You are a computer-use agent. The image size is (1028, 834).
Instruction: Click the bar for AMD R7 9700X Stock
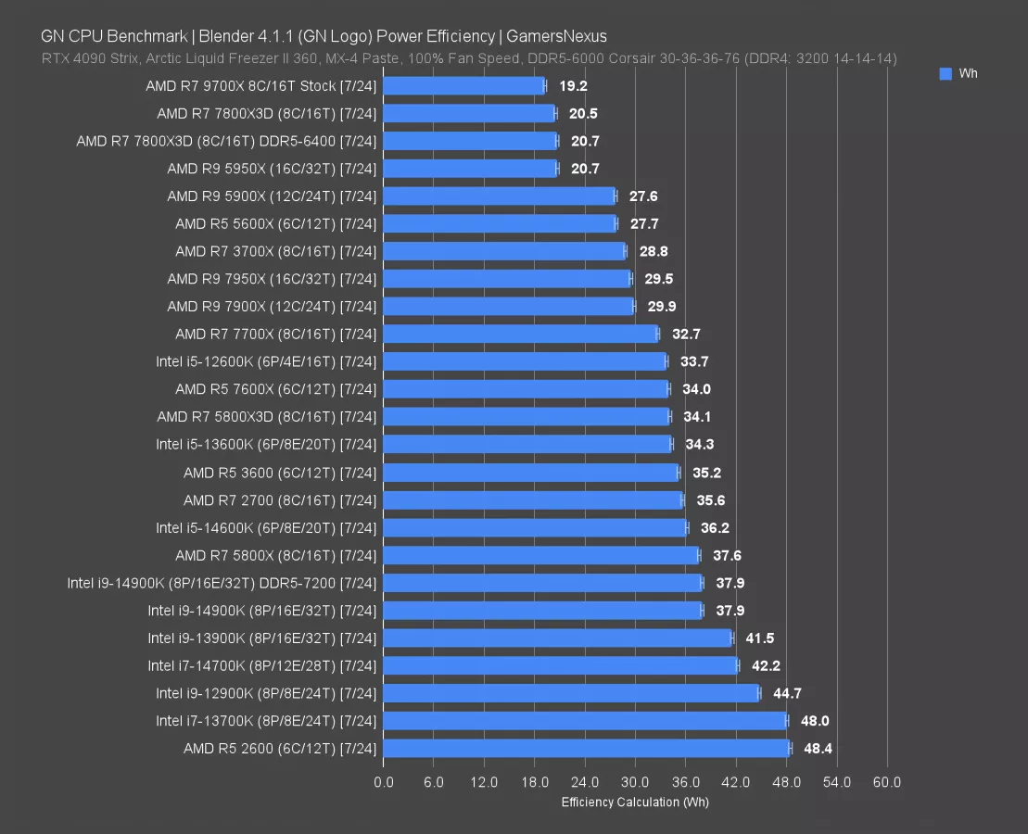coord(463,86)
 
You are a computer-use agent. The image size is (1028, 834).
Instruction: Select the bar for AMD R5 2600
coord(586,749)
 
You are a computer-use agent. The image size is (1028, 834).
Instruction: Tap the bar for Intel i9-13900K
coord(557,638)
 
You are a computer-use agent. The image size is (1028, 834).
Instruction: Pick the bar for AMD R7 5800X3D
coord(526,417)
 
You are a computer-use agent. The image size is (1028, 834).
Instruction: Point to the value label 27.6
coord(643,196)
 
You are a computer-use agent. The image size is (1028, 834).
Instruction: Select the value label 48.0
coord(816,721)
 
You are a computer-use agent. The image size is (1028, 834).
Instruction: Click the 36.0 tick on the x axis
coord(685,782)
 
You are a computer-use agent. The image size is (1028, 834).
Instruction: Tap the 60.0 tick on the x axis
coord(886,782)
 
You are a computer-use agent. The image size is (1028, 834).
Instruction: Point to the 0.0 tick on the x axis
coord(383,782)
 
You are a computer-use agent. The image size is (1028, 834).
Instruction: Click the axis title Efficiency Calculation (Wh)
coord(635,802)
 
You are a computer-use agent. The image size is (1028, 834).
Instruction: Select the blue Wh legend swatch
coord(946,74)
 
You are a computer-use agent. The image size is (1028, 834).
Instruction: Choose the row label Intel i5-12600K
coord(266,361)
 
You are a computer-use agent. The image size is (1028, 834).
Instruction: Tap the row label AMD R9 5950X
coord(272,169)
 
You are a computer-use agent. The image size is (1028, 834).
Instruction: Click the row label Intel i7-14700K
coord(261,665)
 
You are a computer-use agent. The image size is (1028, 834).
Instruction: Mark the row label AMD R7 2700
coord(280,500)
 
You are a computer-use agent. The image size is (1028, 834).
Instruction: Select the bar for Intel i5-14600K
coord(535,527)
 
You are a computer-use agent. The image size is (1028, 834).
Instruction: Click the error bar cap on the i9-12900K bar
coord(758,693)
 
